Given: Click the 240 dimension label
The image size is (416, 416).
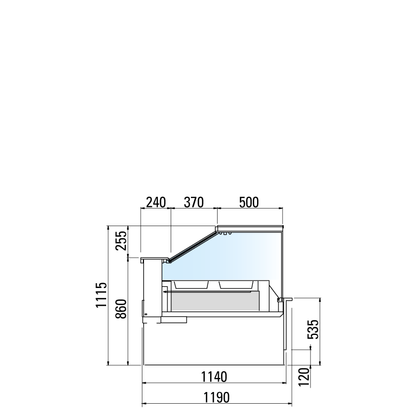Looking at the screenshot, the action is [156, 203].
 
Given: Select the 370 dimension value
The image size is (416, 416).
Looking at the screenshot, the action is [194, 203].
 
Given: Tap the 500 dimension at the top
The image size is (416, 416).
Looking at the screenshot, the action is [249, 203].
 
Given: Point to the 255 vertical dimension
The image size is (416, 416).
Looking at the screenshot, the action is [121, 241].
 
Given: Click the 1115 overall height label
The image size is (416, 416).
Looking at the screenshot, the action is [101, 295].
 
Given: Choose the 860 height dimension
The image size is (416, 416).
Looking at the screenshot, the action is [121, 309].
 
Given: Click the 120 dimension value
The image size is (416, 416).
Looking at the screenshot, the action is [304, 377].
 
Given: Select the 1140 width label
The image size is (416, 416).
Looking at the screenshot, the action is [214, 377].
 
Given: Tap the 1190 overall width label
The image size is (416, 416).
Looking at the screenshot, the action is [217, 397].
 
